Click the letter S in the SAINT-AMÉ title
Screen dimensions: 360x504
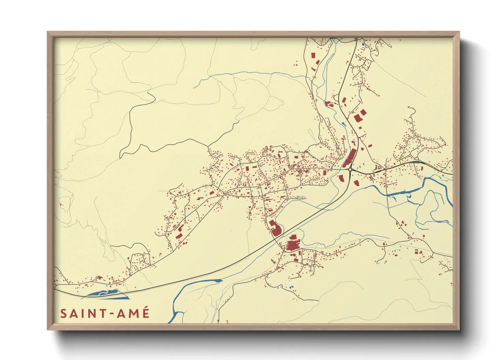coord(63,313)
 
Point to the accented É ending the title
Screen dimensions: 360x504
coord(146,313)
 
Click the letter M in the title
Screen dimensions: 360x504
coord(133,313)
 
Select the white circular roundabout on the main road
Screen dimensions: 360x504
coord(350,169)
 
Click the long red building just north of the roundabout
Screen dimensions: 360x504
coord(350,158)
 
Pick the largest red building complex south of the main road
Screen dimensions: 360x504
coord(293,244)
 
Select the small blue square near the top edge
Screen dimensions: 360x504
coord(363,44)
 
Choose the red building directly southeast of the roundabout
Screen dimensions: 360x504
coord(357,183)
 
